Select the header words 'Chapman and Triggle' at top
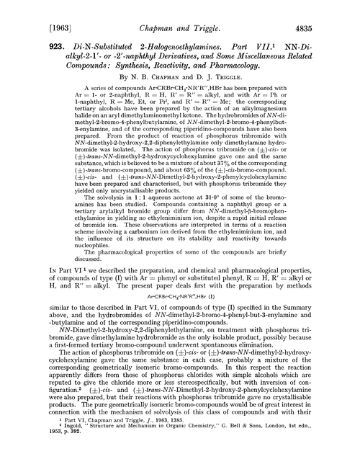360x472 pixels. (x=179, y=10)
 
